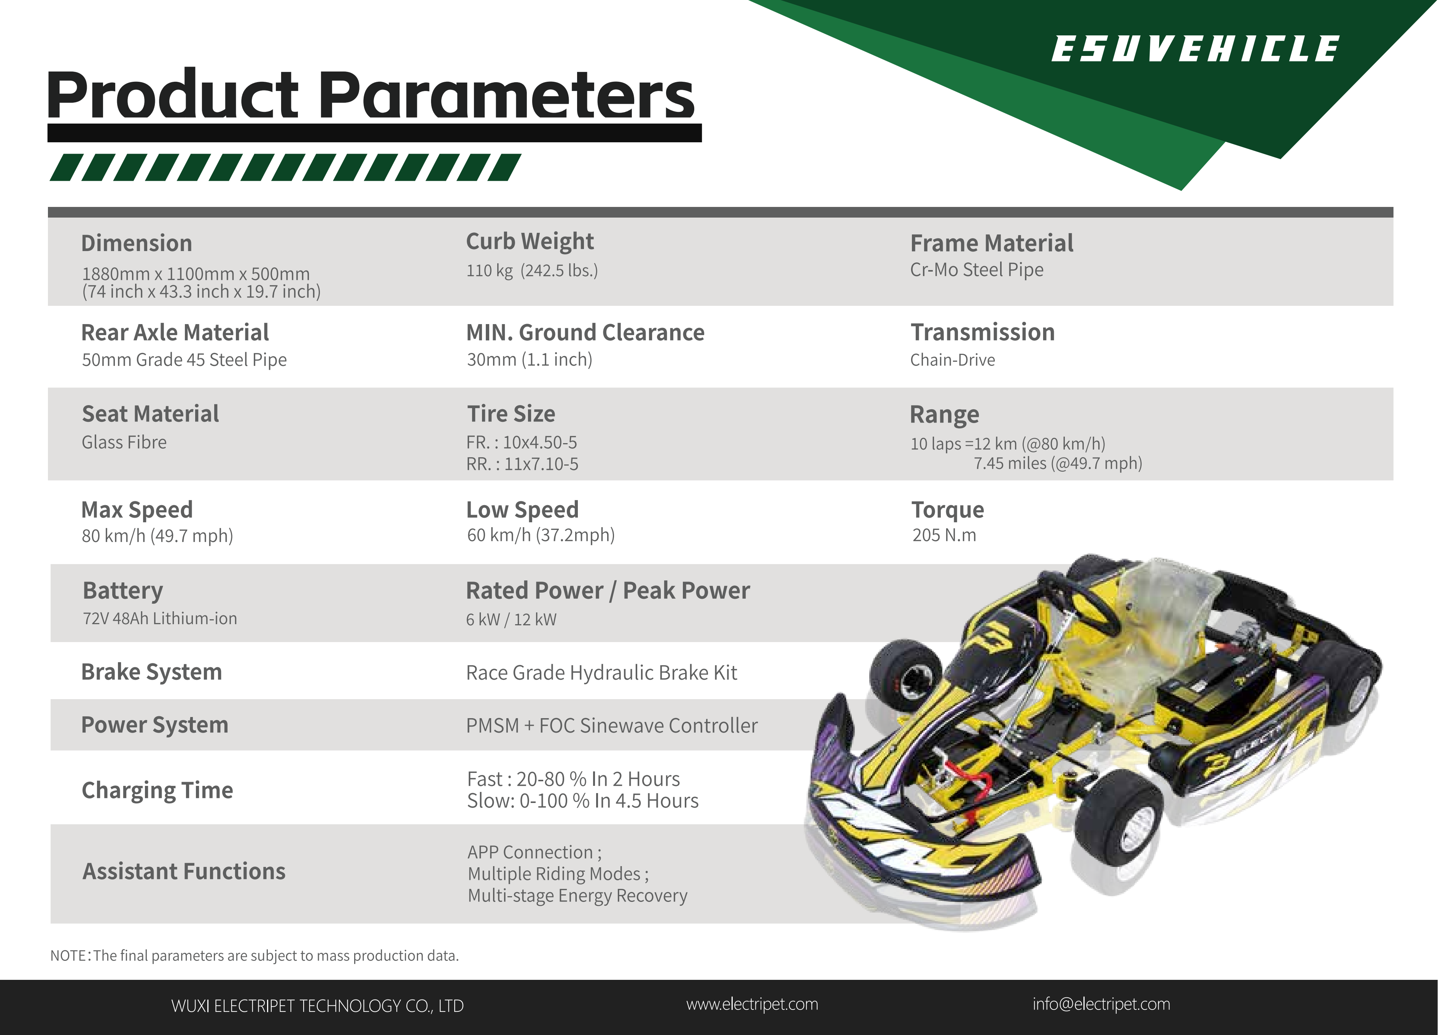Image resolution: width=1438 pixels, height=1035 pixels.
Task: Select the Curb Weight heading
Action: tap(530, 242)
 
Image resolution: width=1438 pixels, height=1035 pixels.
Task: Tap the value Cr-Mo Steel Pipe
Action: tap(977, 270)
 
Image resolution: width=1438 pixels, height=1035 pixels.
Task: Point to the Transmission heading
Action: tap(982, 332)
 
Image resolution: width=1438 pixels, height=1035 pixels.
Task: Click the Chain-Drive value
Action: tap(952, 360)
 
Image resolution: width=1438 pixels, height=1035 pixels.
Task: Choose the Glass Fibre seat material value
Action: tap(124, 442)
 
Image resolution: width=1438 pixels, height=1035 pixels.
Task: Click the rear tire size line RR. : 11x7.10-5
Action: tap(522, 464)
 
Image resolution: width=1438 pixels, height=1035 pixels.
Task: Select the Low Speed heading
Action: tap(522, 510)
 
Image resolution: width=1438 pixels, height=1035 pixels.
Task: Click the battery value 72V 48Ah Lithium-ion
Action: tap(160, 618)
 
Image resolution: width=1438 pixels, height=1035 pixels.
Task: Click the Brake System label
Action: tap(151, 672)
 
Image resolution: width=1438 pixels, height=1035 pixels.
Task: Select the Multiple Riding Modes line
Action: tap(558, 874)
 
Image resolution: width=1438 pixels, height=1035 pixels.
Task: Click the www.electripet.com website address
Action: tap(752, 1005)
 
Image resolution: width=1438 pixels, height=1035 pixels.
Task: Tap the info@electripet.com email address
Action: tap(1101, 1005)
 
